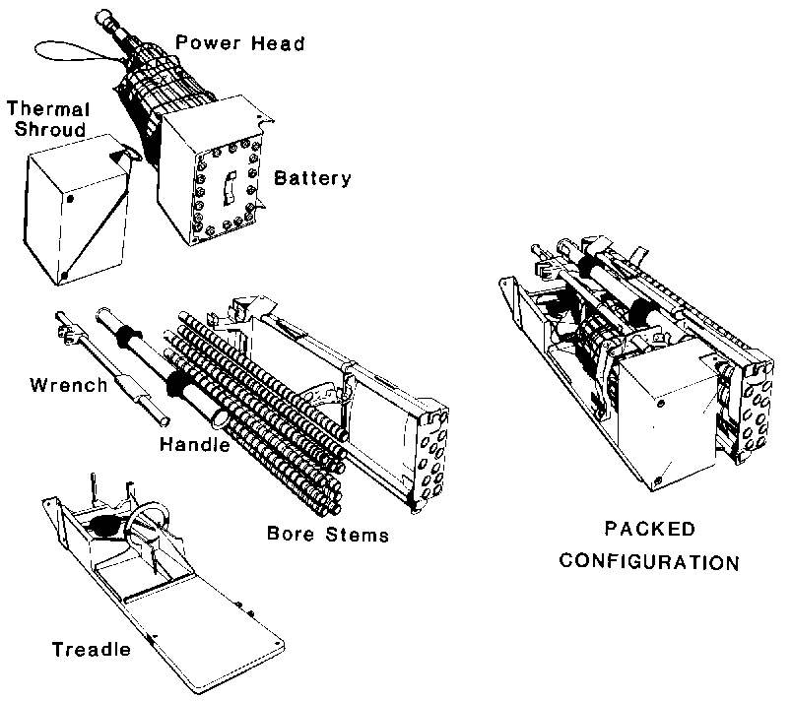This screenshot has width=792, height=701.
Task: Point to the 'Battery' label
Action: click(x=313, y=178)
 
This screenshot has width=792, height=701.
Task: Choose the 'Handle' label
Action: click(x=194, y=445)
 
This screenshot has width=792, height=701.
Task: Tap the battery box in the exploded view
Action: click(x=216, y=177)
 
